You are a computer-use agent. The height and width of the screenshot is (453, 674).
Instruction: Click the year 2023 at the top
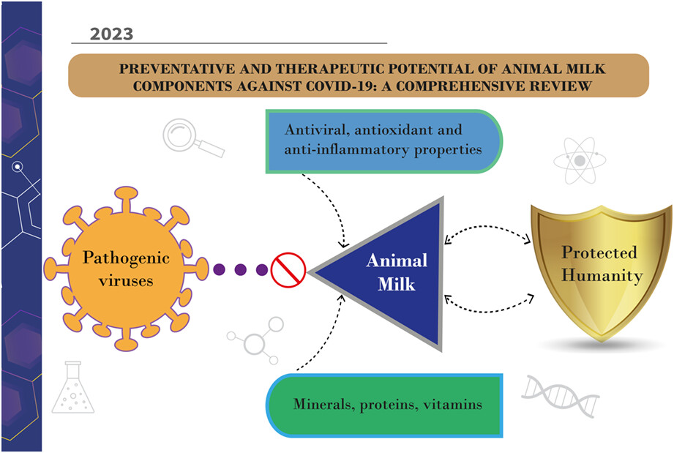111,34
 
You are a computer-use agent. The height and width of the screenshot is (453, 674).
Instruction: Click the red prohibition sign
288,270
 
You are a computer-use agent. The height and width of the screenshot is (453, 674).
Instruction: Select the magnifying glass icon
193,138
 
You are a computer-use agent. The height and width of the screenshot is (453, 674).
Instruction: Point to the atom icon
580,160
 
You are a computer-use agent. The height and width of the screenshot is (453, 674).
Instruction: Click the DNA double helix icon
561,396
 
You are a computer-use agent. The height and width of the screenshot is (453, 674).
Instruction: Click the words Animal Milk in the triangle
397,272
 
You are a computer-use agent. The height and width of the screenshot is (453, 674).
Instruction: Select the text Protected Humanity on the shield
602,264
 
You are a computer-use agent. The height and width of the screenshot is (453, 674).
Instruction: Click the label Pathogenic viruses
126,269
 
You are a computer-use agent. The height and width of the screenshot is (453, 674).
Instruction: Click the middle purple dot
240,270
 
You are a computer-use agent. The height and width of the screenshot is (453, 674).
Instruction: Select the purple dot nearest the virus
220,270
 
